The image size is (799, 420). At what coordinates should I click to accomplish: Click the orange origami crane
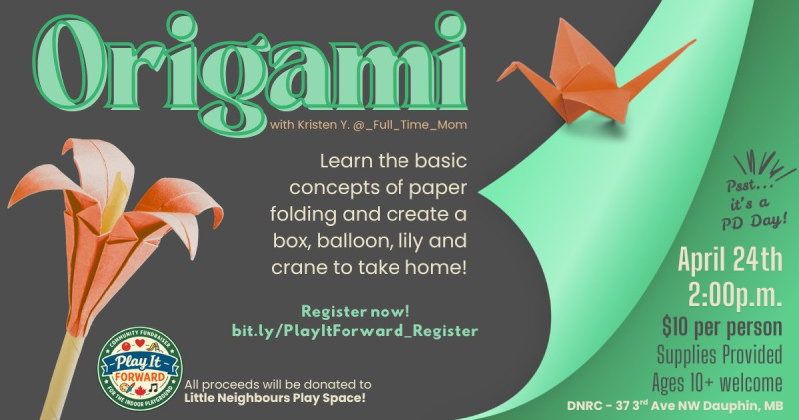[586, 77]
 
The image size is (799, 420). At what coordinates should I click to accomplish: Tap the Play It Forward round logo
[140, 369]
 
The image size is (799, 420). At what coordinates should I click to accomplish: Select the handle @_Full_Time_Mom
[409, 125]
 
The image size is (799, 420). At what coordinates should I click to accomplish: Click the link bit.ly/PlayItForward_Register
[356, 331]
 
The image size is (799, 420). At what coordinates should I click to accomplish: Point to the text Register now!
[356, 311]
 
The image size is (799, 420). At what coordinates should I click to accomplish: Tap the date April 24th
[730, 259]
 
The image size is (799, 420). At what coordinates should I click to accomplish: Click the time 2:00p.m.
[735, 294]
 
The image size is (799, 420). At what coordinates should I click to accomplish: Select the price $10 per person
[722, 327]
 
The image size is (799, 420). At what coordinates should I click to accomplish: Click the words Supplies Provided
[719, 355]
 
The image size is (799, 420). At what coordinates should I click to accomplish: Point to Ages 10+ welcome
[717, 383]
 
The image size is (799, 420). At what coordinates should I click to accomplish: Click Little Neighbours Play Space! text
[275, 398]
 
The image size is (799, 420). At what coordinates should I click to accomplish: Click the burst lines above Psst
[764, 163]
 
